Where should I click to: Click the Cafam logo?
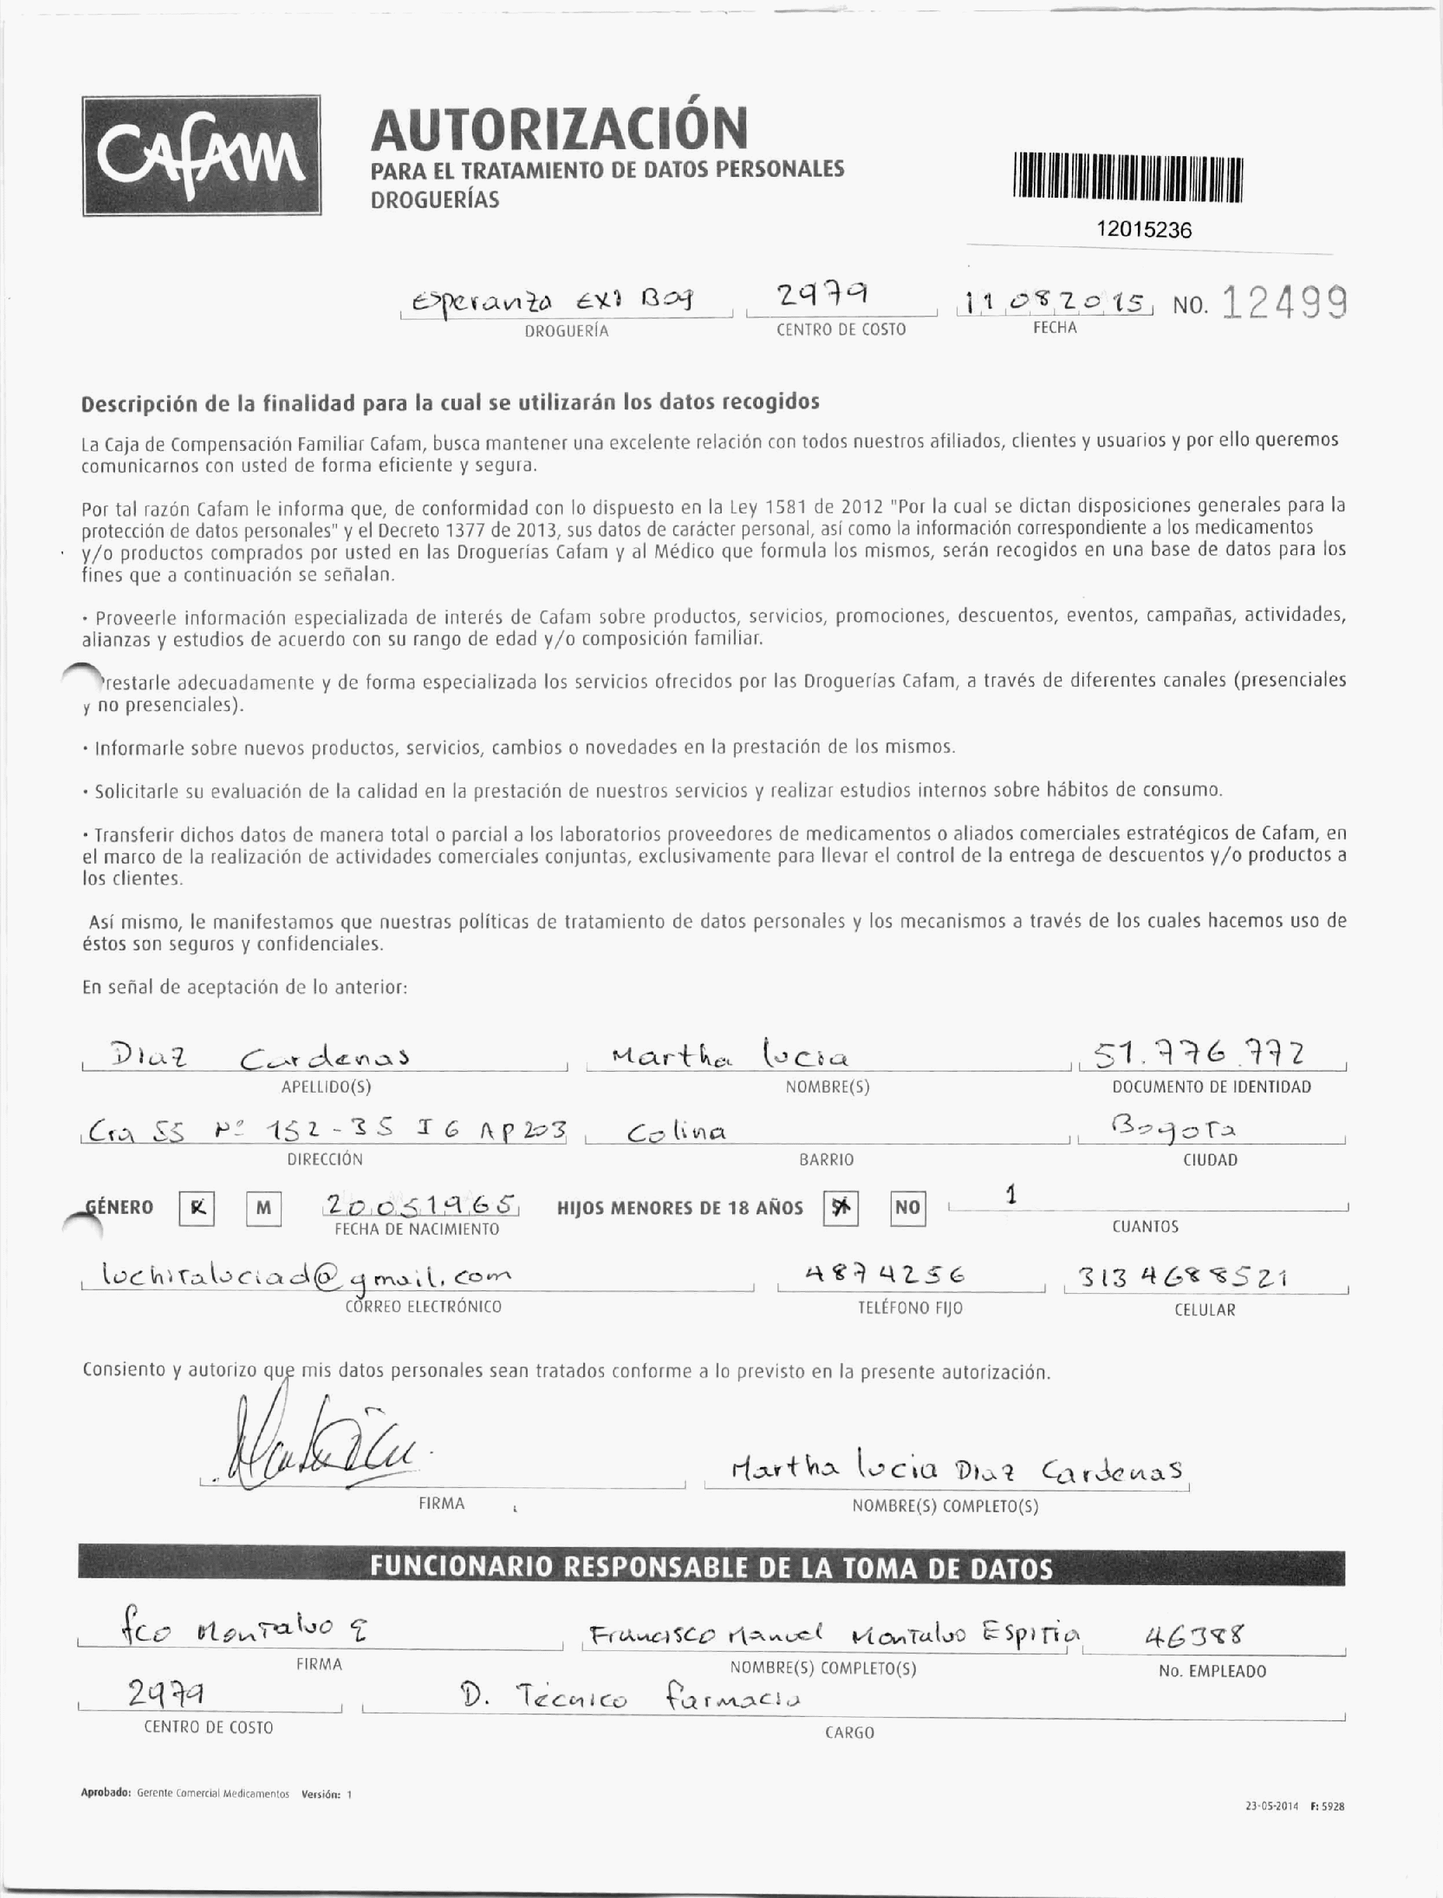point(201,155)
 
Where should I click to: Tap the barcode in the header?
point(1127,179)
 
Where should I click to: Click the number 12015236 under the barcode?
point(1143,230)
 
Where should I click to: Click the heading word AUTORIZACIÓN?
point(559,128)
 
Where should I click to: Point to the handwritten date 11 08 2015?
point(1055,303)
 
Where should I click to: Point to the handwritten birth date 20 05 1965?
point(418,1204)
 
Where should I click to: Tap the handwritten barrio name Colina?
point(676,1132)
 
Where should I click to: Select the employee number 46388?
point(1194,1634)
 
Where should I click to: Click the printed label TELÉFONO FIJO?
point(910,1308)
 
